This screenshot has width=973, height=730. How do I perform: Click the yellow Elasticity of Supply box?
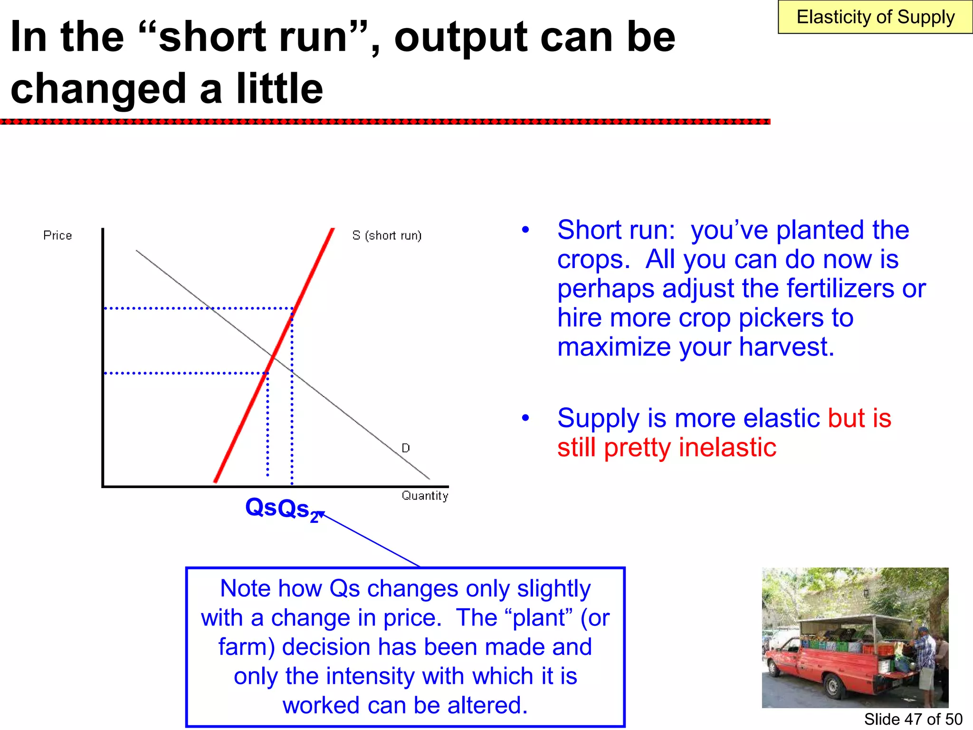[875, 17]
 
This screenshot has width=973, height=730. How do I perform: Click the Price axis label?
[57, 235]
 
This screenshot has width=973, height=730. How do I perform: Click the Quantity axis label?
[425, 496]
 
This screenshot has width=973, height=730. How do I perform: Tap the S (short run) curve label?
[387, 235]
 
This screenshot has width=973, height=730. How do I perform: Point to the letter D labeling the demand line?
[406, 448]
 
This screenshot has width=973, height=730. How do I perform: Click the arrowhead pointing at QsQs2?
[320, 513]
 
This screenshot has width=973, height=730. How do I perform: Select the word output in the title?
[461, 38]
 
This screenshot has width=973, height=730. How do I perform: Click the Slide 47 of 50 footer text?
[913, 719]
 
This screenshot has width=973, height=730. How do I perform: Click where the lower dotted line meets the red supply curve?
[267, 373]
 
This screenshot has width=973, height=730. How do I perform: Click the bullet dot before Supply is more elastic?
[525, 418]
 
